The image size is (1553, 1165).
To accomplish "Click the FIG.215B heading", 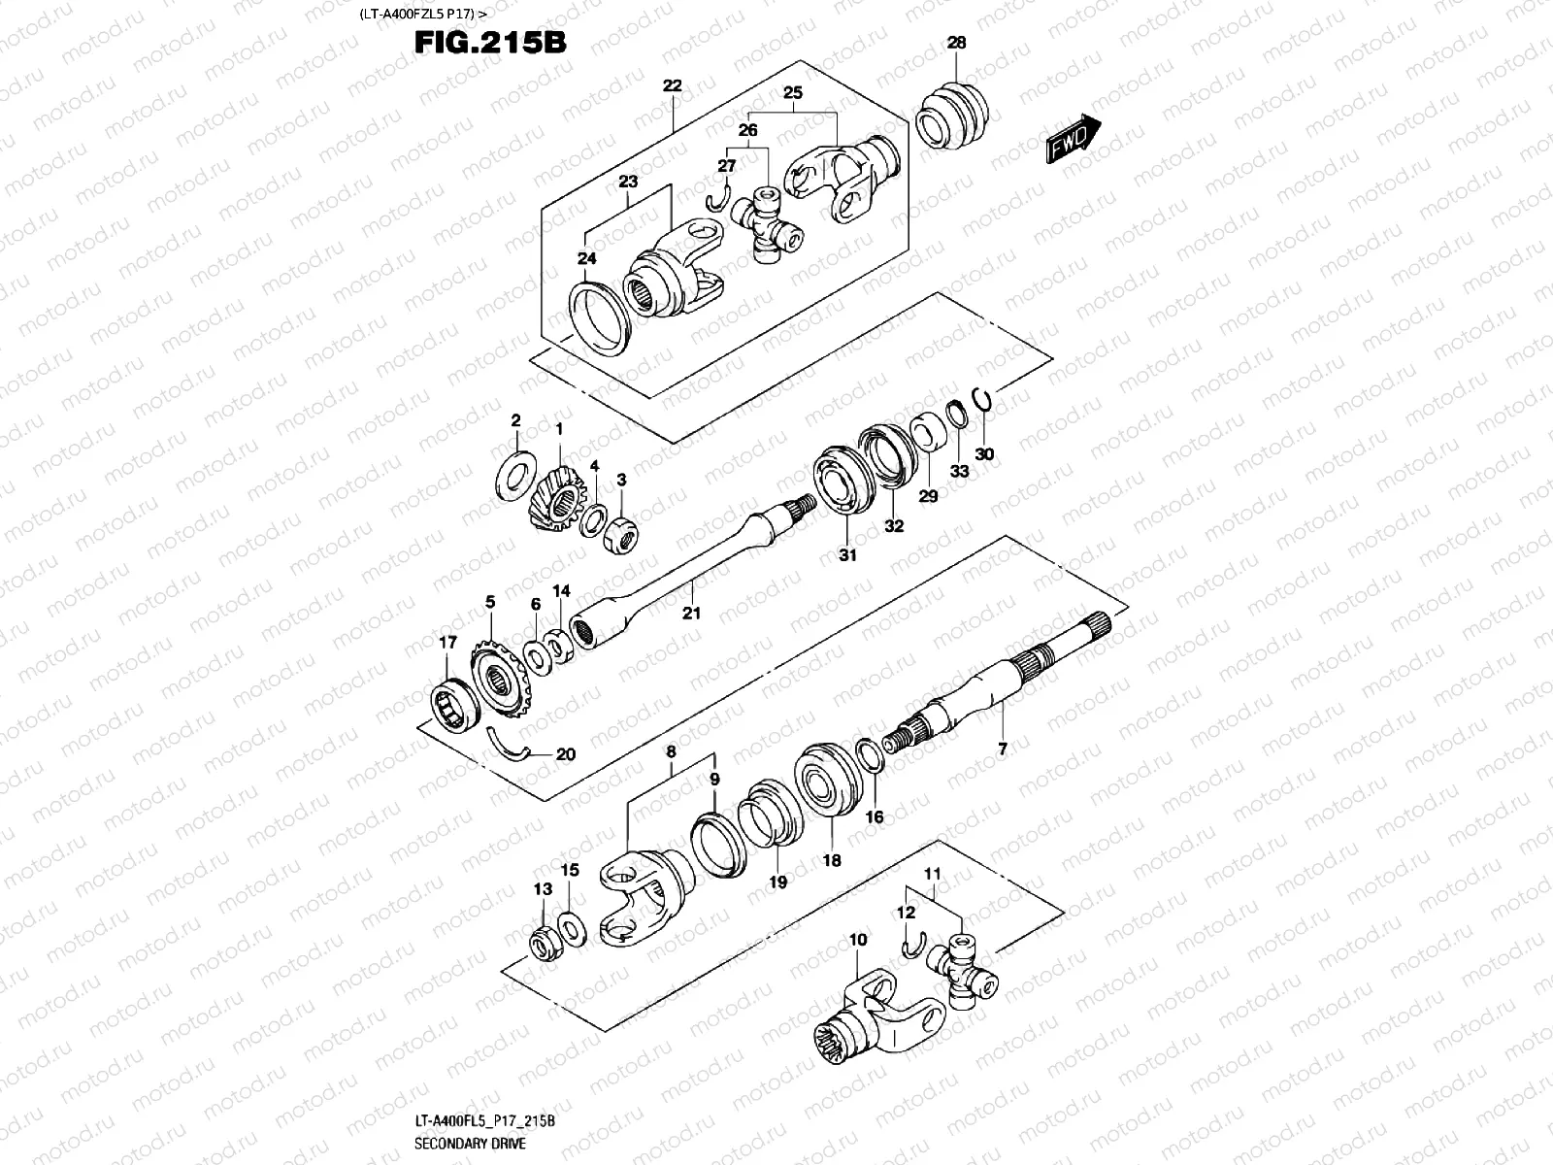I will pos(489,43).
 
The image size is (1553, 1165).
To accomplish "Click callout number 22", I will pos(672,85).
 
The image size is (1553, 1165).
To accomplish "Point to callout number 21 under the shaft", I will pos(691,613).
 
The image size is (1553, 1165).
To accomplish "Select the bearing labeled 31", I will pos(842,480).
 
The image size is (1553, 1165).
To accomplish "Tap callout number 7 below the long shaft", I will pos(1003,749).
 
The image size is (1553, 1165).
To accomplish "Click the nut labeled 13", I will pos(541,941).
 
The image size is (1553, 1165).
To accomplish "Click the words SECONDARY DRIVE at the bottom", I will pos(470,1144).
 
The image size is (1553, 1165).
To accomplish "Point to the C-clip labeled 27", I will pos(716,198).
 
